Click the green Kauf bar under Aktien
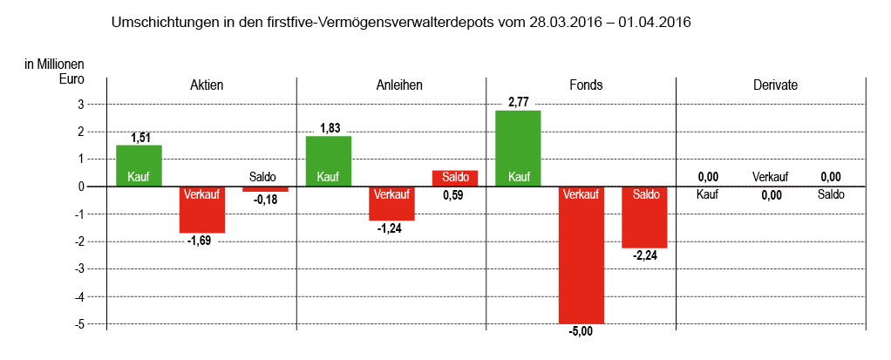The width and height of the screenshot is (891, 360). pyautogui.click(x=139, y=166)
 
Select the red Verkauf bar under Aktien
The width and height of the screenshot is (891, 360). pyautogui.click(x=202, y=209)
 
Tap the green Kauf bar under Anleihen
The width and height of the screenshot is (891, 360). pyautogui.click(x=329, y=161)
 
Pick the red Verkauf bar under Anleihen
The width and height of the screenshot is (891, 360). pyautogui.click(x=391, y=203)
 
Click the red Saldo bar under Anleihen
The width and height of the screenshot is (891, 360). pyautogui.click(x=455, y=178)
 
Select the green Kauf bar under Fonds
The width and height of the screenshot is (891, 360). pyautogui.click(x=518, y=148)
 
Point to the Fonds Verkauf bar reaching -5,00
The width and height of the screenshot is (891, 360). pyautogui.click(x=582, y=255)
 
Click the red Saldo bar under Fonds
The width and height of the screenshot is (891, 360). pyautogui.click(x=644, y=217)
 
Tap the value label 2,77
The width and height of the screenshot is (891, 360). pyautogui.click(x=519, y=103)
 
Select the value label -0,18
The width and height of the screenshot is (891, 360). pyautogui.click(x=264, y=199)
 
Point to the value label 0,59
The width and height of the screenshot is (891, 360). pyautogui.click(x=453, y=195)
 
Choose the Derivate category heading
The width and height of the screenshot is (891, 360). pyautogui.click(x=775, y=85)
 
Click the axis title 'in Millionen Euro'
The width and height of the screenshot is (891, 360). pyautogui.click(x=54, y=71)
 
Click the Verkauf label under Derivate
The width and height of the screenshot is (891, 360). pyautogui.click(x=771, y=178)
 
